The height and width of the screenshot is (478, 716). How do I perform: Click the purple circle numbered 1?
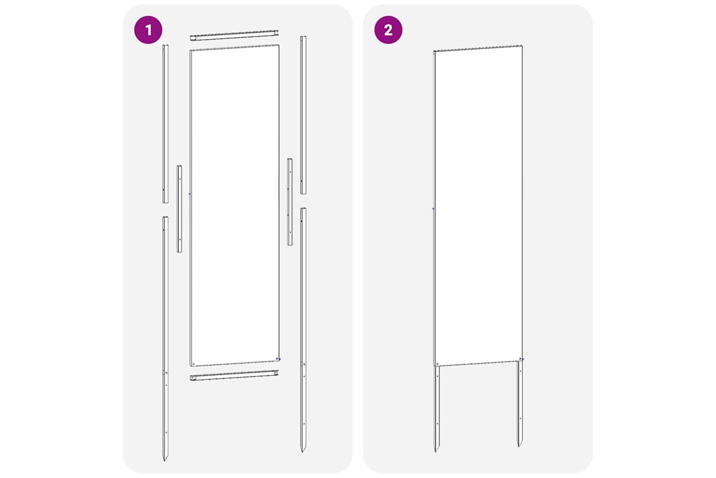coord(148,30)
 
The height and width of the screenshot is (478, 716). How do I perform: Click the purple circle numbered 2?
coord(388,30)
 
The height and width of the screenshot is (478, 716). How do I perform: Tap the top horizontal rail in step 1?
coord(234,35)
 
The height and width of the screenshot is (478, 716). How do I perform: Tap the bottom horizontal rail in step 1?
coord(234,375)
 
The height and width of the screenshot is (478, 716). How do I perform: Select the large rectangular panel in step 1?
coord(235,205)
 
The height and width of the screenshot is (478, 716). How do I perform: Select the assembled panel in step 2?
coord(478,206)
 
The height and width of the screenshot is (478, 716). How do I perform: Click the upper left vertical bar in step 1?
coord(165,124)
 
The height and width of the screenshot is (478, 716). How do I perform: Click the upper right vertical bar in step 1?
coord(303,115)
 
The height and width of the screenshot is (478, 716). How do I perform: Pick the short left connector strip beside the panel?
coord(179,209)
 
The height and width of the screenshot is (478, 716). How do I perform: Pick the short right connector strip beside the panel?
coord(290,202)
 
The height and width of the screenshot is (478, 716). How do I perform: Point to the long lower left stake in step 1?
coord(165,339)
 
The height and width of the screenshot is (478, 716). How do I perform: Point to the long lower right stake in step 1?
coord(303,330)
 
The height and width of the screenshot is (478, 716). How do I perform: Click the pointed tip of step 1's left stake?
coord(164,461)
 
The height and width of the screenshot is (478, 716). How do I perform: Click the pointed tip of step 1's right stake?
coord(302,452)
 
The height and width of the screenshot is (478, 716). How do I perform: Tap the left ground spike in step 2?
coord(436,409)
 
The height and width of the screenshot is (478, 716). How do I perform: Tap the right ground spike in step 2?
coord(520,404)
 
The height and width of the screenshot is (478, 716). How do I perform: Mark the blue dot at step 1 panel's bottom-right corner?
coord(280,359)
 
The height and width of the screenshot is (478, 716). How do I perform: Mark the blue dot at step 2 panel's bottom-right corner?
coord(523,359)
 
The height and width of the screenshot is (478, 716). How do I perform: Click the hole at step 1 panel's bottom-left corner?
coord(193,364)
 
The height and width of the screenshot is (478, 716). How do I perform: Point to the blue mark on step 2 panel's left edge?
coord(433,209)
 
